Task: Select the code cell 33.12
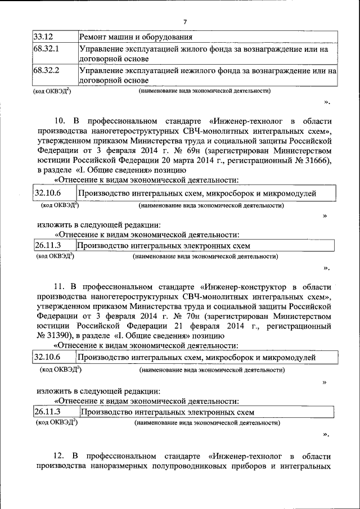coord(42,38)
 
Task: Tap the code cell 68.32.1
coord(46,49)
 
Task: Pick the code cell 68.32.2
coord(46,71)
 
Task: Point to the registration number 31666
coord(318,161)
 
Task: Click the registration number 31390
coord(61,336)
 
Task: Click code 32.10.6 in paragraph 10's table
coord(47,193)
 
